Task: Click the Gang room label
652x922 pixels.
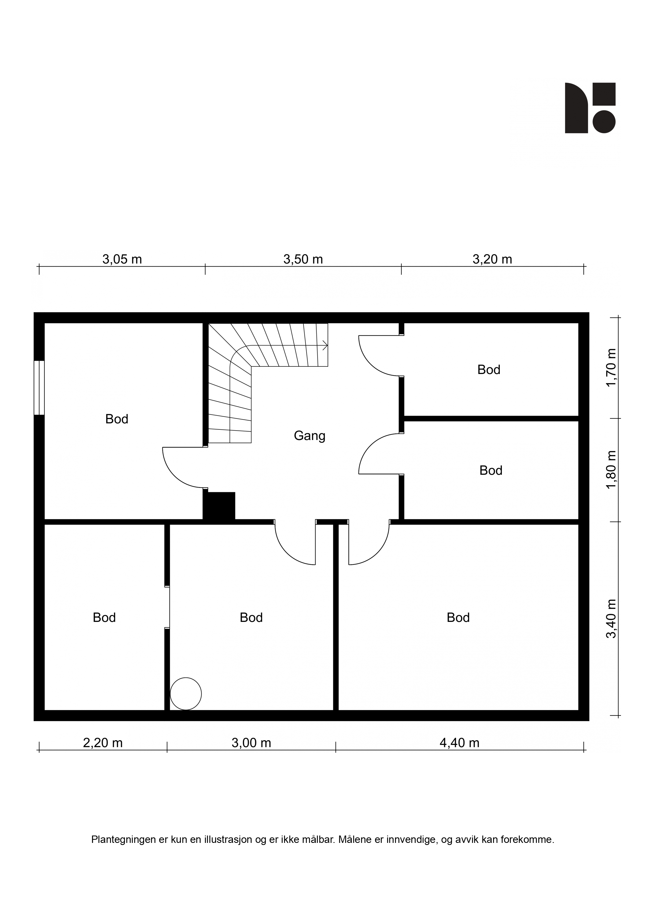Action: (309, 436)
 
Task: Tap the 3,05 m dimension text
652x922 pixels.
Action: (122, 259)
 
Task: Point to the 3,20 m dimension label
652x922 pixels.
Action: (492, 259)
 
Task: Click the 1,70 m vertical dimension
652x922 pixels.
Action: (611, 367)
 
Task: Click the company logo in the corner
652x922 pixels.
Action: (590, 107)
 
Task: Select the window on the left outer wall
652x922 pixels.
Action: (39, 387)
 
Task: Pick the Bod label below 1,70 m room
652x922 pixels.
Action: (491, 470)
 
